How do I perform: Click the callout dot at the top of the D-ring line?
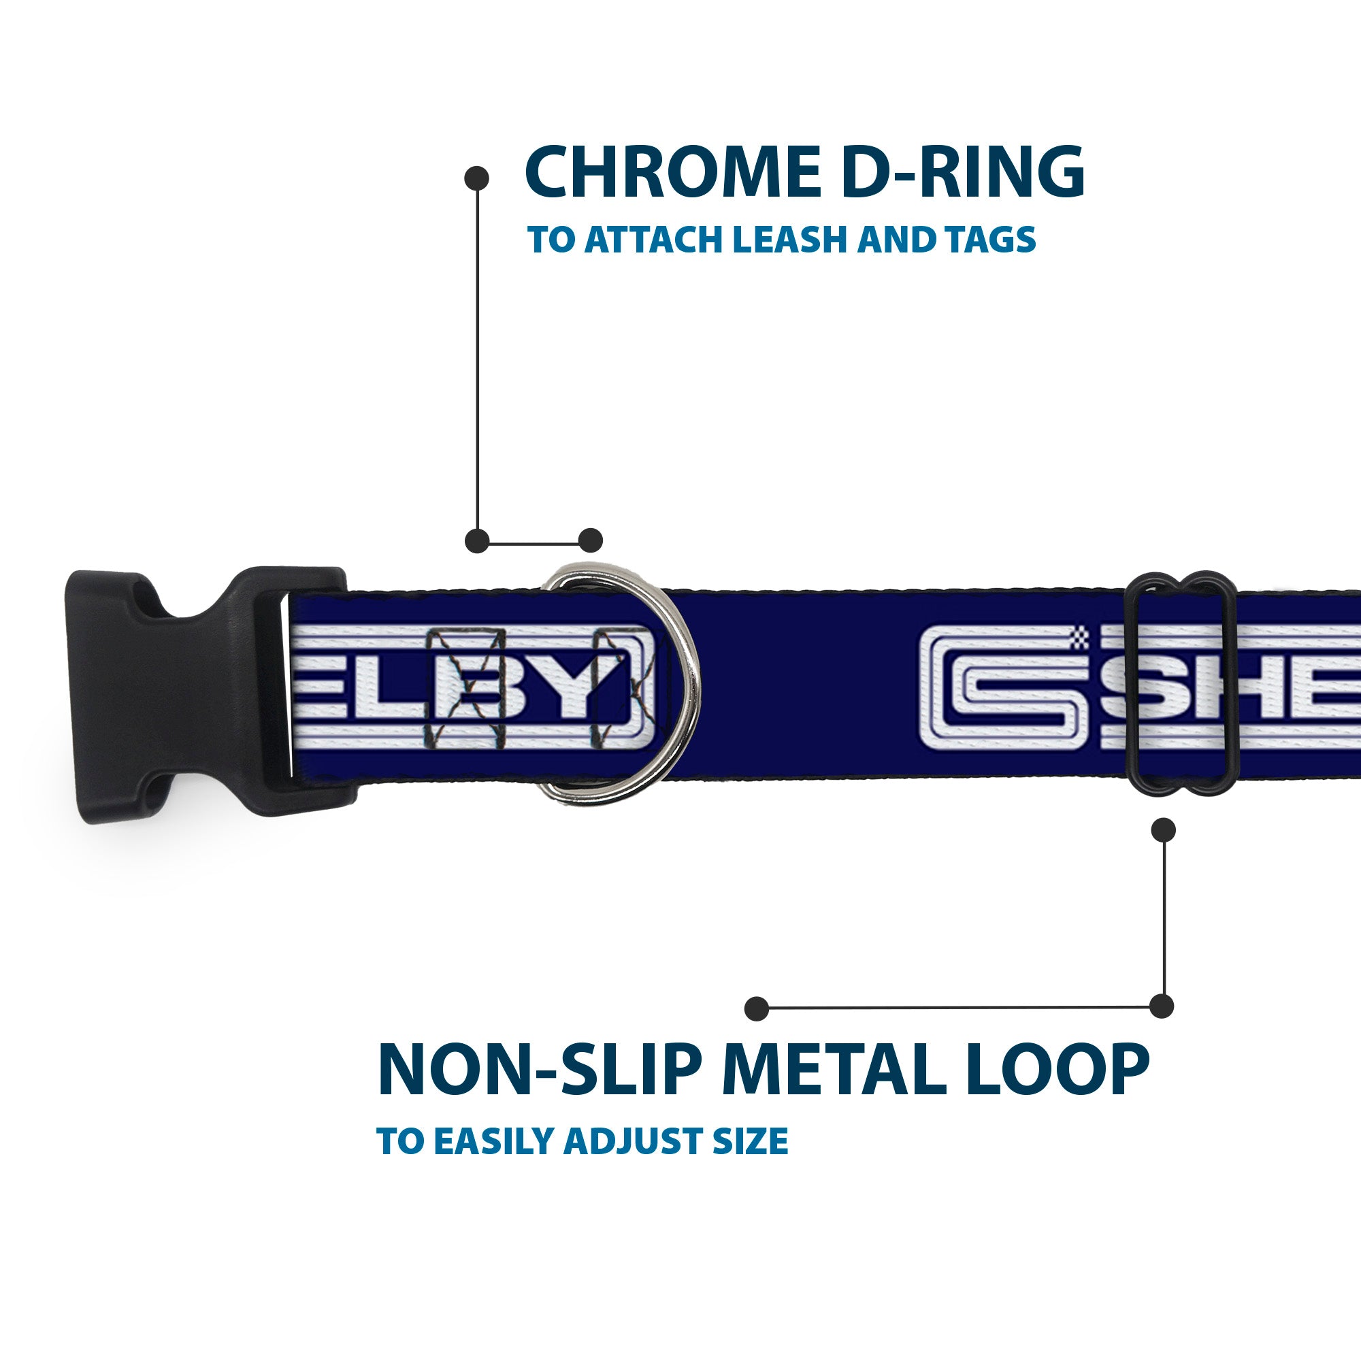point(477,178)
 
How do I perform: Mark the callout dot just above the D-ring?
point(590,540)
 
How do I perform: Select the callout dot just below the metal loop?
point(1163,830)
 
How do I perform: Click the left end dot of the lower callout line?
point(757,1009)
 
